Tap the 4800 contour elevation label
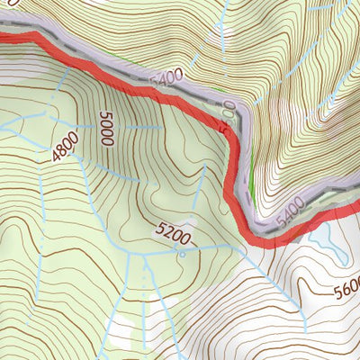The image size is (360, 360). [x=65, y=146]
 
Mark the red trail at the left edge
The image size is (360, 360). [x=4, y=37]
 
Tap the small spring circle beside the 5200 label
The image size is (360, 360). [x=183, y=254]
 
